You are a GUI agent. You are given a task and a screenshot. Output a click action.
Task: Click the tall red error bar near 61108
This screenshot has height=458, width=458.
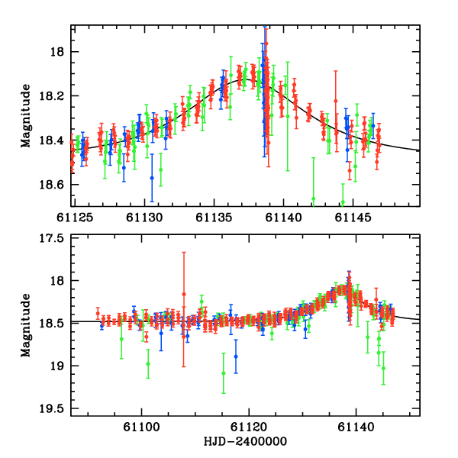(x=184, y=309)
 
